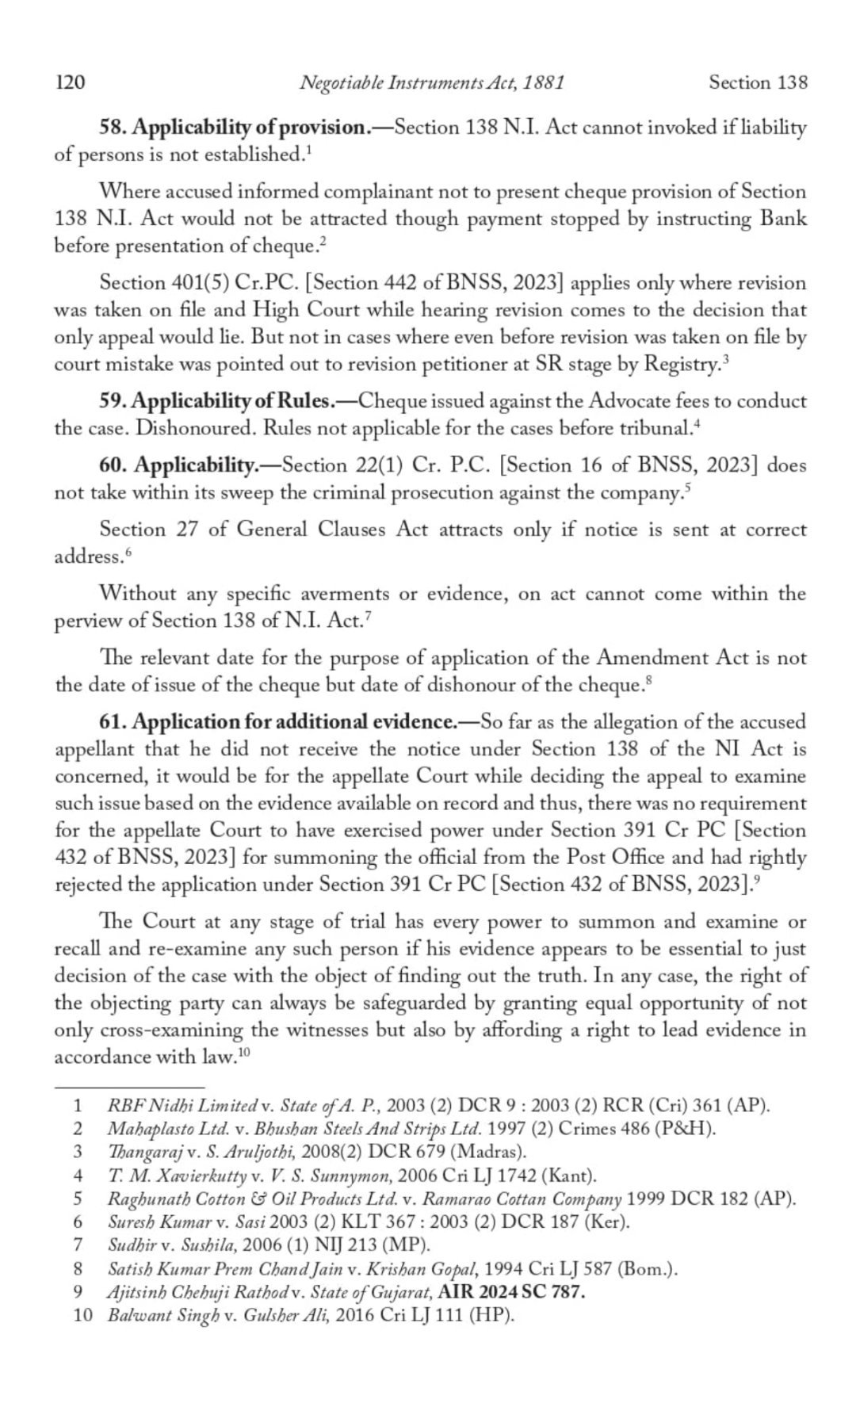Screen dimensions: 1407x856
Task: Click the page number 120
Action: (70, 82)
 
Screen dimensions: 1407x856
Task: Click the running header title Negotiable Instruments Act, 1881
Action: (432, 82)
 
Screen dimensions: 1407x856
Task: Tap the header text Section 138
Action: (758, 82)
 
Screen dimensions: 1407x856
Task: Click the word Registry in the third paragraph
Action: (680, 365)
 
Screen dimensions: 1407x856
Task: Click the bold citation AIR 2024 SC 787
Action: (512, 1292)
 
